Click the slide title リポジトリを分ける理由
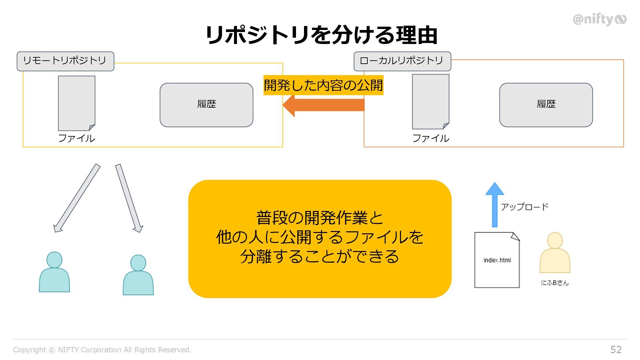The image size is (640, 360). click(x=321, y=35)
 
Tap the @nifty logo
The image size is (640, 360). click(x=599, y=19)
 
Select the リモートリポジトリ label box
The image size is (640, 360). click(x=65, y=61)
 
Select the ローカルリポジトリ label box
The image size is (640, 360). click(x=402, y=61)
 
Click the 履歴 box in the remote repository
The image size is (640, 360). click(x=206, y=105)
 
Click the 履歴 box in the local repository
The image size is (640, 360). click(x=546, y=105)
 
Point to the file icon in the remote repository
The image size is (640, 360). click(x=77, y=103)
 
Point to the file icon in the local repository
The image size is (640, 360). click(x=431, y=101)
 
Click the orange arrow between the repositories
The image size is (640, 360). click(x=323, y=105)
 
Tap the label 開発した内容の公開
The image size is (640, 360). click(x=323, y=85)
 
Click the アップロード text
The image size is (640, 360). click(x=524, y=207)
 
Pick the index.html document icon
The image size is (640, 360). click(x=497, y=260)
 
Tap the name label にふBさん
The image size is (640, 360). click(x=555, y=283)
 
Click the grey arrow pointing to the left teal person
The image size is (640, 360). click(x=77, y=198)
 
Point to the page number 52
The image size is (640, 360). click(x=616, y=349)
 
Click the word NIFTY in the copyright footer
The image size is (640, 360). click(x=68, y=350)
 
